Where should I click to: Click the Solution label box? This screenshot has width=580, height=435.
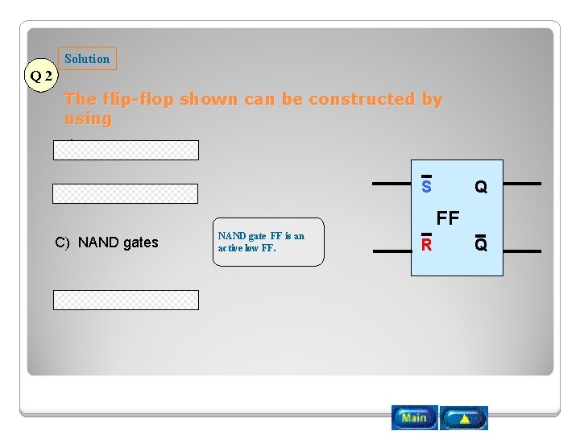pyautogui.click(x=87, y=59)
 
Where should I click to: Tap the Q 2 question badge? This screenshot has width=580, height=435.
pyautogui.click(x=41, y=77)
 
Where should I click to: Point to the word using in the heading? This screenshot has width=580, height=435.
pyautogui.click(x=88, y=119)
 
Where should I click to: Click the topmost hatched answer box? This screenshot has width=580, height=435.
pyautogui.click(x=126, y=151)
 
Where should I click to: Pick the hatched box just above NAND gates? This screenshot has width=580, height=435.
pyautogui.click(x=126, y=193)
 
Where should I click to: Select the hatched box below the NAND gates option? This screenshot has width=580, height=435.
pyautogui.click(x=126, y=300)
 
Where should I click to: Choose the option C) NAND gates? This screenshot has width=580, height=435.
pyautogui.click(x=106, y=242)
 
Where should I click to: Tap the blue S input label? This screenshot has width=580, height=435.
pyautogui.click(x=426, y=187)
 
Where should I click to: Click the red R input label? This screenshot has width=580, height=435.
pyautogui.click(x=426, y=244)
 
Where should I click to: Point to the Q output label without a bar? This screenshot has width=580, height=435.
pyautogui.click(x=481, y=187)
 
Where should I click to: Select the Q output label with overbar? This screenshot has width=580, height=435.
pyautogui.click(x=481, y=244)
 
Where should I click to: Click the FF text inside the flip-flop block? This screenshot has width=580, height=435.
pyautogui.click(x=448, y=217)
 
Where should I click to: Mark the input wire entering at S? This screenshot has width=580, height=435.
pyautogui.click(x=391, y=184)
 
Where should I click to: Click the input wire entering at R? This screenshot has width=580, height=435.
pyautogui.click(x=393, y=251)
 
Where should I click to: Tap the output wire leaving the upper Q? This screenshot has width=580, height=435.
pyautogui.click(x=522, y=184)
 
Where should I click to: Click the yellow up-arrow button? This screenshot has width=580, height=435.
pyautogui.click(x=464, y=417)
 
